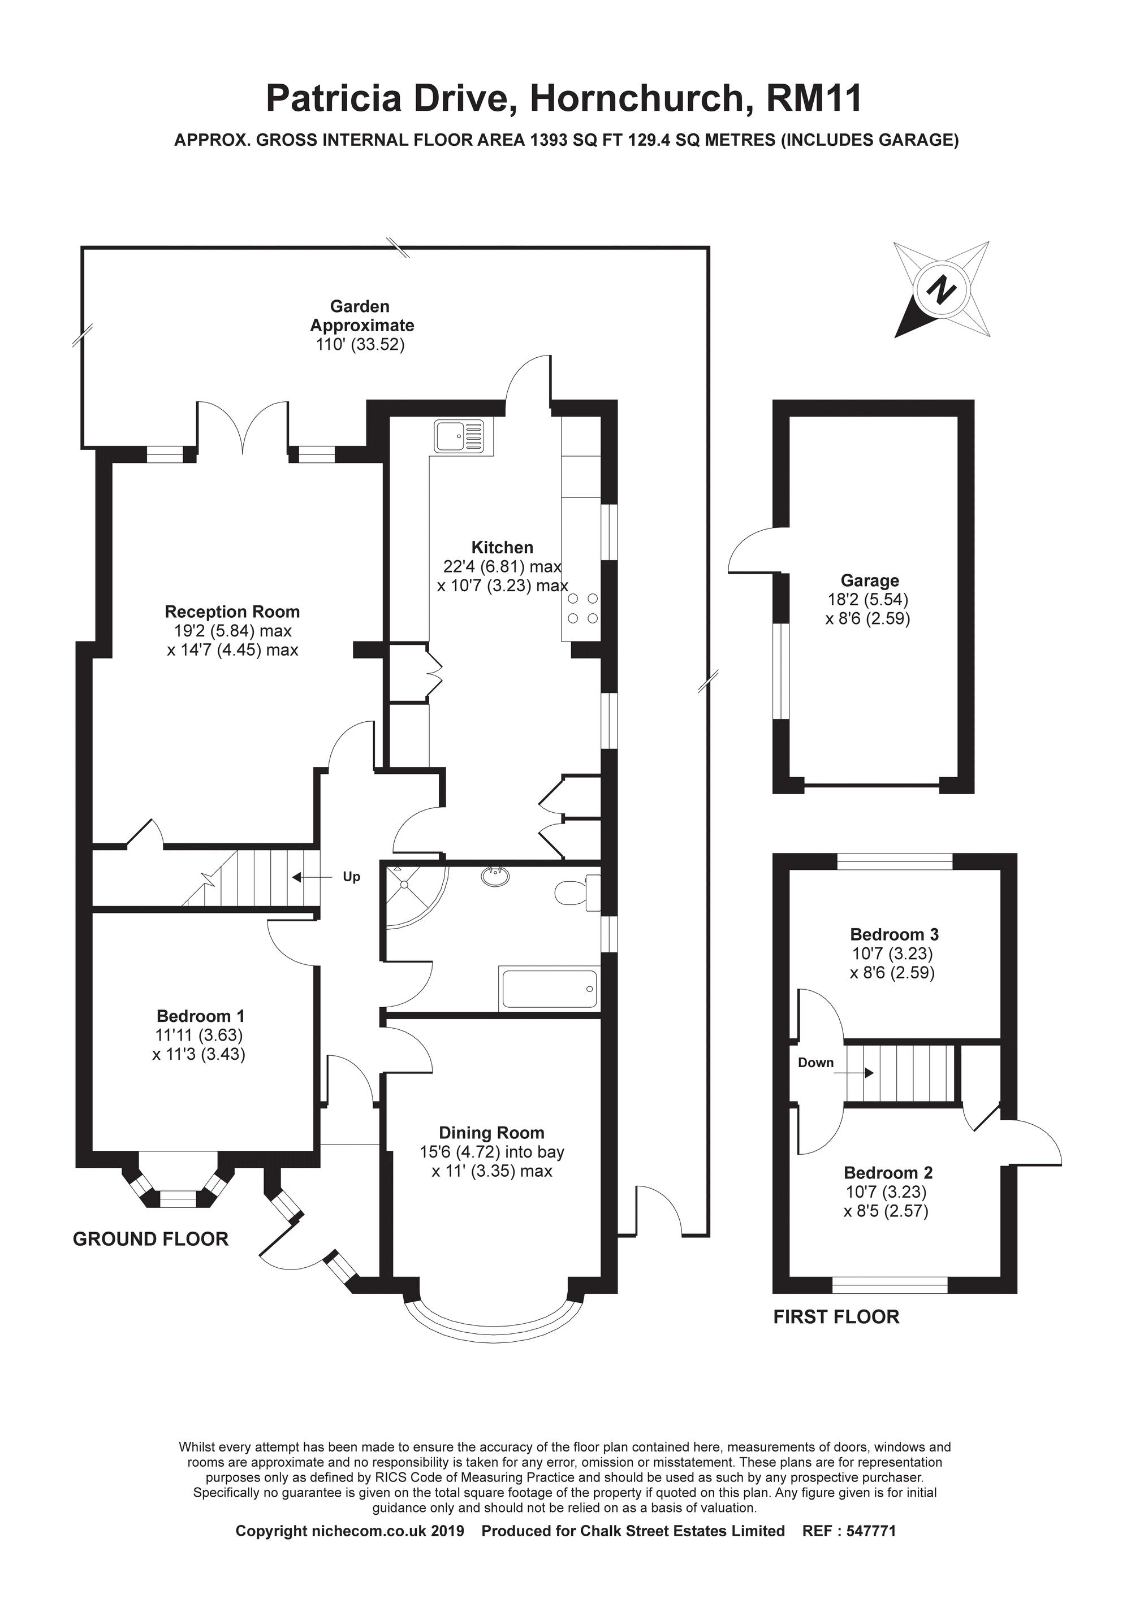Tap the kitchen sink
point(459,437)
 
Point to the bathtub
point(549,989)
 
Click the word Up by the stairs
point(351,877)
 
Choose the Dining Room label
point(491,1133)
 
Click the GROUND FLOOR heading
point(150,1239)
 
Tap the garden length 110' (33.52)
point(360,345)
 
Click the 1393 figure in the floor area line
point(550,140)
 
